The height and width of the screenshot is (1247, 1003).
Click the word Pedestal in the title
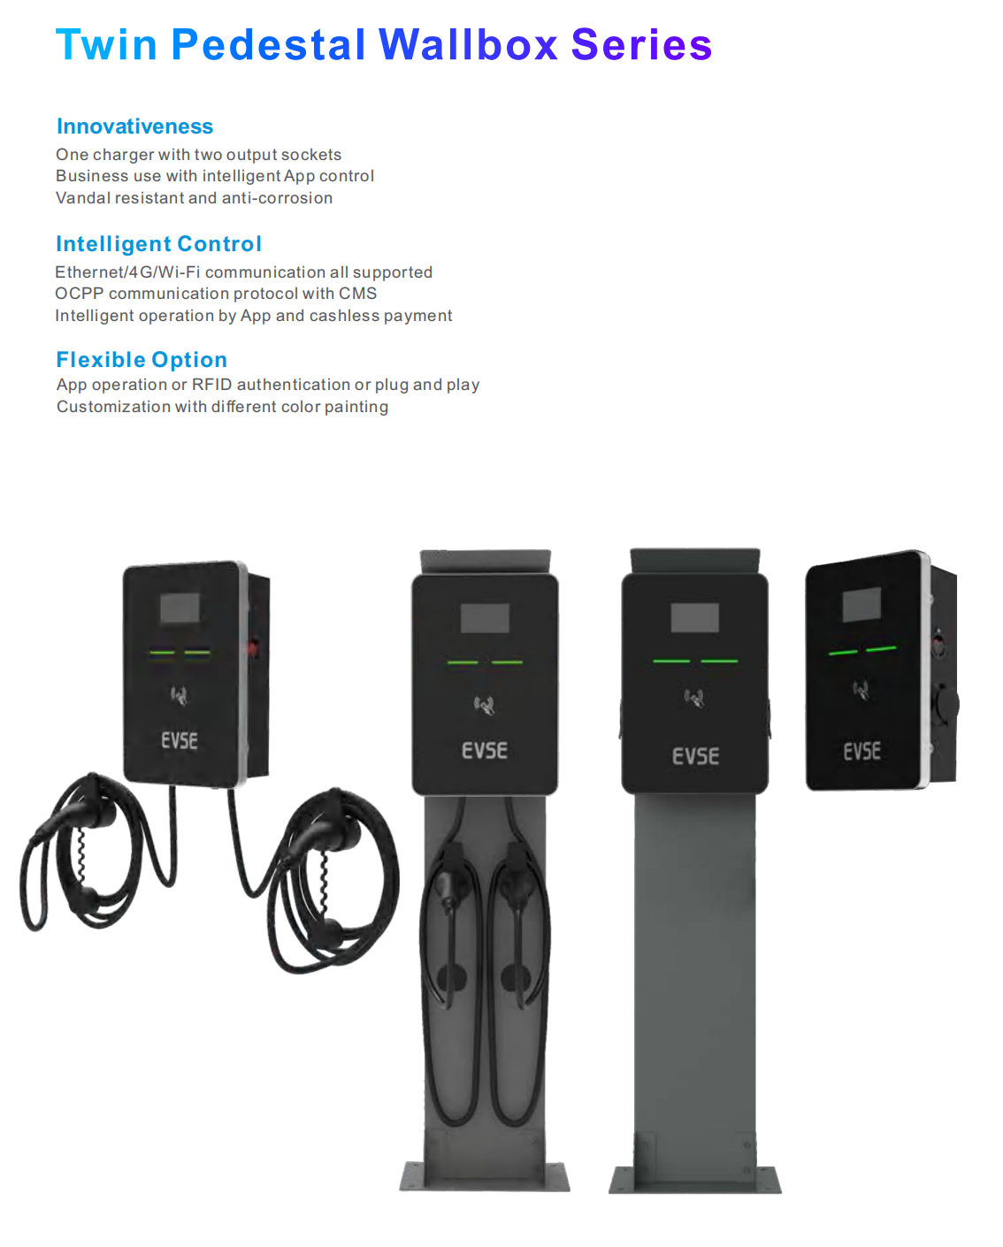268,44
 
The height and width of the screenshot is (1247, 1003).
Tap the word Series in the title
641,44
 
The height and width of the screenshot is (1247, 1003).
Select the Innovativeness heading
135,126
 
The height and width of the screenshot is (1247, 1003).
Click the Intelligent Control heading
159,244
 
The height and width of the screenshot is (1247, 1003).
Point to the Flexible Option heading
142,360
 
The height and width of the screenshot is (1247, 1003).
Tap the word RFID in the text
211,385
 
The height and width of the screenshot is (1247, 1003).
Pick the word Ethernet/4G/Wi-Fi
127,272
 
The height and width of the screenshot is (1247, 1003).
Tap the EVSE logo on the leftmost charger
180,740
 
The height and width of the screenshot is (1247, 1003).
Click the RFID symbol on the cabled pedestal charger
485,705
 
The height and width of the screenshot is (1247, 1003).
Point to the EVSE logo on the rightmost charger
861,752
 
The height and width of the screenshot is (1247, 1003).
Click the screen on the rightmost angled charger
861,604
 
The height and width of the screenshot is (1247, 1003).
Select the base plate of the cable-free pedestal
694,1181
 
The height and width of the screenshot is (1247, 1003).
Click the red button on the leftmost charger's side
253,647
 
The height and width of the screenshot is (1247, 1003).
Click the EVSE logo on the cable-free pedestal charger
695,756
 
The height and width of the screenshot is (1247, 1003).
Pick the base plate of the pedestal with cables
485,1177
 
